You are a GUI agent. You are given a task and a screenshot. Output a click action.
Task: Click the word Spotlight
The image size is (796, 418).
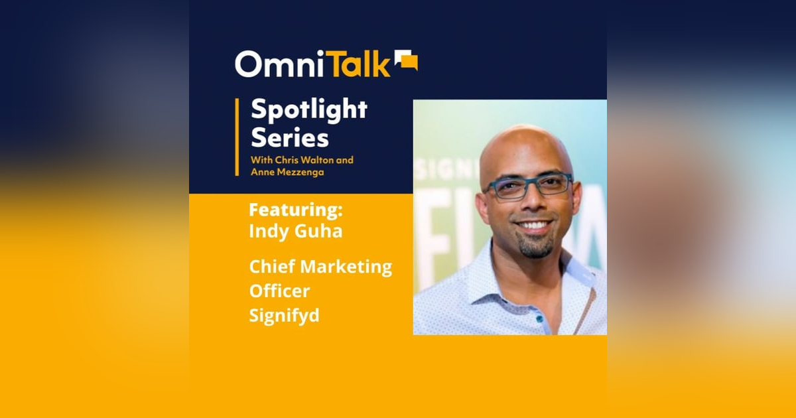click(308, 110)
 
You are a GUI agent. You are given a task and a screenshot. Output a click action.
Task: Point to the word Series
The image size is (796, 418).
click(289, 138)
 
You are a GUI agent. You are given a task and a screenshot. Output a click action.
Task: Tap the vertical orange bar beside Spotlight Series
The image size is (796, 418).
click(237, 137)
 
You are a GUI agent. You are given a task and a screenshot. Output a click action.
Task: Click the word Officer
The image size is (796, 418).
click(279, 291)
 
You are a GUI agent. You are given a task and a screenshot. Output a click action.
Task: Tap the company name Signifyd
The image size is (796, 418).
click(284, 315)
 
